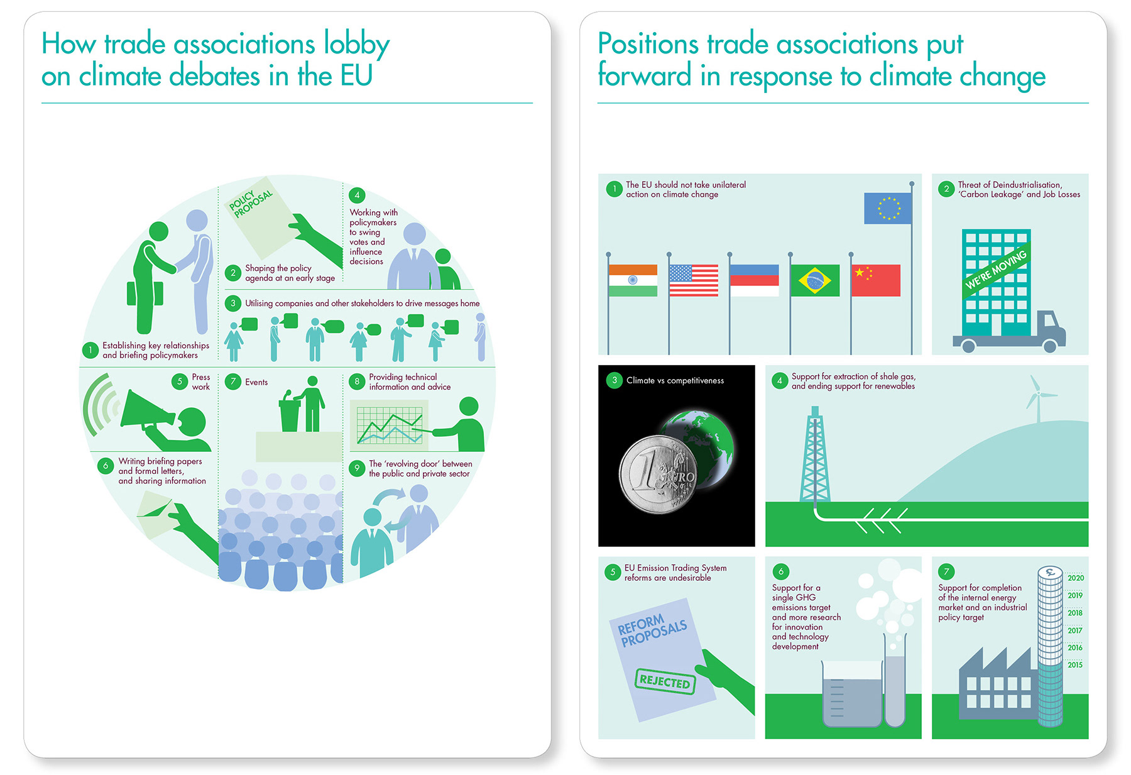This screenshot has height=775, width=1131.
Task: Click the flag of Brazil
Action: click(814, 280)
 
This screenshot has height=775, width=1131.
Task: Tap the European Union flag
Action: click(887, 208)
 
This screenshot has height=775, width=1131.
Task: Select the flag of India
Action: click(633, 280)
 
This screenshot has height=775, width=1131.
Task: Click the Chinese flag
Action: click(875, 280)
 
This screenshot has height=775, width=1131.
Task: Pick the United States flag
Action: click(693, 280)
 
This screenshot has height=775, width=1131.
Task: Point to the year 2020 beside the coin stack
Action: click(1075, 578)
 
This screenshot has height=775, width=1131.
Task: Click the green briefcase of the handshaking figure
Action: click(145, 294)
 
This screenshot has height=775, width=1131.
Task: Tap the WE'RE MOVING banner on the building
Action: click(996, 269)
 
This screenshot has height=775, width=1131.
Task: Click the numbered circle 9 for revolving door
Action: click(357, 468)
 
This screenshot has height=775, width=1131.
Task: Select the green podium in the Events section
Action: click(290, 415)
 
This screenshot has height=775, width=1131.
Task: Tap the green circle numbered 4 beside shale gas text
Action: click(779, 381)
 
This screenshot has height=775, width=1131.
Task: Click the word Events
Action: click(256, 382)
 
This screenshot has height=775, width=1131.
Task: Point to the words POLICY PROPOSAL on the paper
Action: click(251, 204)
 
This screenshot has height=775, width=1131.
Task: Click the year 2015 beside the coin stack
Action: click(1074, 665)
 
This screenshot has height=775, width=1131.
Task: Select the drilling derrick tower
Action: click(814, 456)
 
